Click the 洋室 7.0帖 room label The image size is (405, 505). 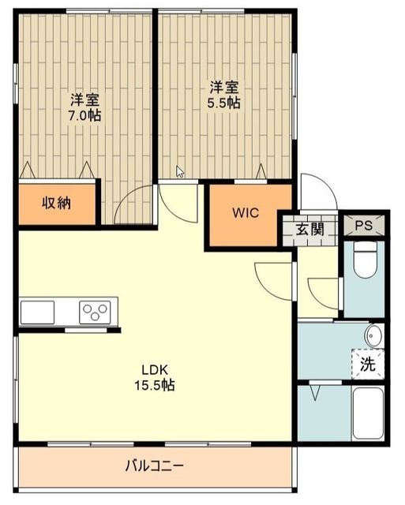point(84,107)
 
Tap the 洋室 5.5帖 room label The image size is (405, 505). point(224,95)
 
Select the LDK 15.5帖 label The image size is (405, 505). point(155,377)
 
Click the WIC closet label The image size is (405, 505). point(246,213)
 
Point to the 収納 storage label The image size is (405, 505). point(57,203)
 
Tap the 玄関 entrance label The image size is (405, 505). point(310,230)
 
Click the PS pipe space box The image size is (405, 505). point(364,225)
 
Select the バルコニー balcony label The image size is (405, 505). point(155,466)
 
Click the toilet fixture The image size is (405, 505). point(365,260)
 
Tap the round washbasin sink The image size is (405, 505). point(373,335)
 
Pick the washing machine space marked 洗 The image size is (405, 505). point(368,365)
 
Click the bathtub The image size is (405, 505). point(368,413)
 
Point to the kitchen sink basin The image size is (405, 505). point(37,312)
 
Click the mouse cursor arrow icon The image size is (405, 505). point(180,171)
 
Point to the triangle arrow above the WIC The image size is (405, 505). point(261,171)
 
